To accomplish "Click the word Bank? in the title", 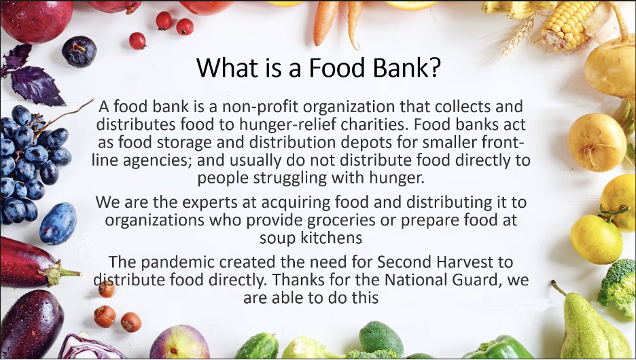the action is tap(406, 67).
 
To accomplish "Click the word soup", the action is tap(278, 238).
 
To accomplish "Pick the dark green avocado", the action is tap(381, 338).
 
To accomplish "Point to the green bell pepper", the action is tap(497, 348).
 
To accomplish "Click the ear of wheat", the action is tap(518, 36).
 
